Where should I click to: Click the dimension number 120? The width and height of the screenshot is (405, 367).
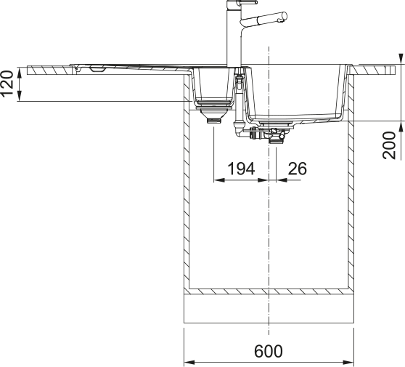(x=7, y=84)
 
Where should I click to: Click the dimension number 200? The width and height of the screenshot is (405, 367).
(x=389, y=145)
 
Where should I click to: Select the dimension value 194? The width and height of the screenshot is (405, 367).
(x=241, y=169)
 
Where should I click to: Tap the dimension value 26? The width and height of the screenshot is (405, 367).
(x=297, y=169)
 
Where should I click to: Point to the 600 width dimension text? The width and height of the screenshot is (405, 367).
(x=269, y=351)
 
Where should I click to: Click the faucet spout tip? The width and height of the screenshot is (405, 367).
(x=284, y=16)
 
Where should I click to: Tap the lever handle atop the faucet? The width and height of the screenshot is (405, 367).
(x=248, y=2)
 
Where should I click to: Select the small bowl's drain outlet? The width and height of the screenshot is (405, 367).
(x=214, y=120)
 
